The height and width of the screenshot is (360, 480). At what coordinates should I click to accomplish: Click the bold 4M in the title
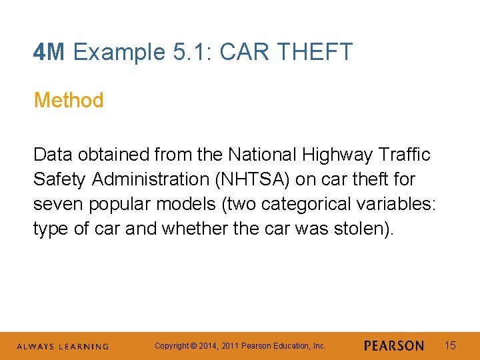pos(49,52)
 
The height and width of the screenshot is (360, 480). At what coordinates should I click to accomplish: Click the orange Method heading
pos(69,101)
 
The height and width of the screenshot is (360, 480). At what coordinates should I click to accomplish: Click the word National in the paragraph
pos(262,155)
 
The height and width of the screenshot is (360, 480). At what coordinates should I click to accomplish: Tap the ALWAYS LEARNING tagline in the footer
pos(63,347)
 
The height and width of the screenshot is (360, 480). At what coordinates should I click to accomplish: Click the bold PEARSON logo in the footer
pos(394,346)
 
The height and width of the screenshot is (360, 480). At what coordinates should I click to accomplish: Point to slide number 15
pos(450,345)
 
